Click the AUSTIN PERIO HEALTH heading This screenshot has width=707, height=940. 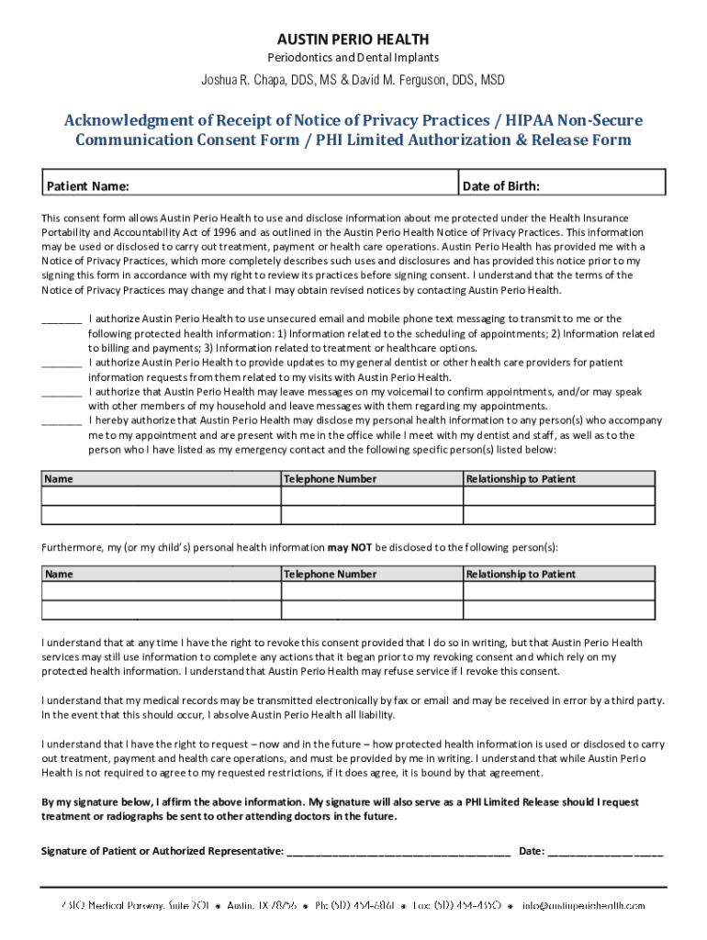point(353,39)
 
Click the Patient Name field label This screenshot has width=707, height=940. point(88,186)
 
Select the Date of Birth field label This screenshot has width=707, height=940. point(501,186)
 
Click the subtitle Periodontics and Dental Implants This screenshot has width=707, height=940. point(353,59)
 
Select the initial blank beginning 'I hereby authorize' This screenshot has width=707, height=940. point(62,421)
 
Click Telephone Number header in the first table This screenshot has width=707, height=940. point(331,479)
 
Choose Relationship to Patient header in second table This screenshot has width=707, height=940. point(521,575)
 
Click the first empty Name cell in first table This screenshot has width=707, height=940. point(161,497)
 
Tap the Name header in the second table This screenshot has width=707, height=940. point(60,575)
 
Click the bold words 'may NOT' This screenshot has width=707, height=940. point(350,547)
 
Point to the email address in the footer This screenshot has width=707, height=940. point(584,905)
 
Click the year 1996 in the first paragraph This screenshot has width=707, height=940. point(204,232)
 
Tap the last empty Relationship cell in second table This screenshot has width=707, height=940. point(559,610)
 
